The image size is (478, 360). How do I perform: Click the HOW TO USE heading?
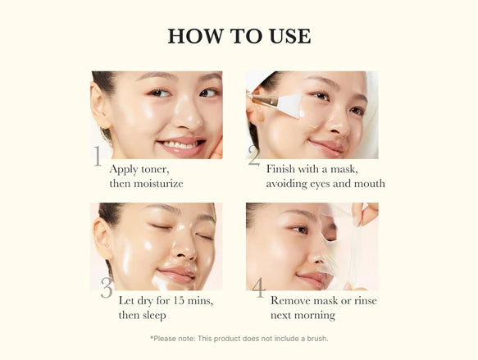click(x=239, y=36)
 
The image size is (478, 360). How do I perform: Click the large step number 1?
click(x=98, y=156)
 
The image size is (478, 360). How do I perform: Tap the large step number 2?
click(x=253, y=156)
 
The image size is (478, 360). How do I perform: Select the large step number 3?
click(x=107, y=288)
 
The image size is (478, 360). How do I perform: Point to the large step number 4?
click(x=258, y=288)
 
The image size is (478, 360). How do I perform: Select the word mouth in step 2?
click(x=367, y=183)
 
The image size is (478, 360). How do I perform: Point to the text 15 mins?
click(x=193, y=300)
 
